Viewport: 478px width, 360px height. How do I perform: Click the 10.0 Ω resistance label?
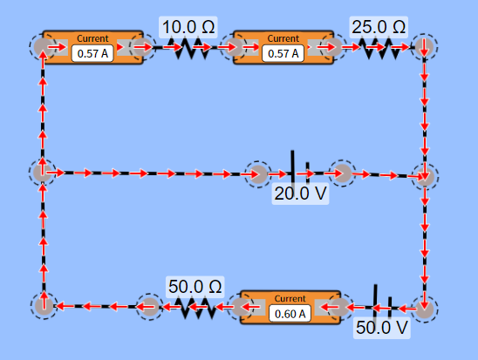(x=188, y=27)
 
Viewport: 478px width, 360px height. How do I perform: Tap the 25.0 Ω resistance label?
(x=379, y=27)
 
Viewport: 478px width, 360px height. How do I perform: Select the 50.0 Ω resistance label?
(x=195, y=287)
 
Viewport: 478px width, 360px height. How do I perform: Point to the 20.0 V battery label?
(x=300, y=194)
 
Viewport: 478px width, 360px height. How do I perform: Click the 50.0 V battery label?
(x=382, y=328)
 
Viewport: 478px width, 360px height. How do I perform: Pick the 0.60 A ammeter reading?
(x=290, y=314)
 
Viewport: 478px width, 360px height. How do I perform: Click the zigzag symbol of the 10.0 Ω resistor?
(x=189, y=48)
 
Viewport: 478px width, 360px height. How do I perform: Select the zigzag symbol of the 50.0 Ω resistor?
(x=199, y=308)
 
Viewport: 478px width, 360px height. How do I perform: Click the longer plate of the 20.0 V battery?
(x=293, y=166)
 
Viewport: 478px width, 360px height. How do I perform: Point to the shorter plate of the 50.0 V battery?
(x=390, y=307)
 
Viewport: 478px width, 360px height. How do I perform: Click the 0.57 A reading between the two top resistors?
(x=283, y=53)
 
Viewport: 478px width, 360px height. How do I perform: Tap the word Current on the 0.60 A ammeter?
(x=290, y=298)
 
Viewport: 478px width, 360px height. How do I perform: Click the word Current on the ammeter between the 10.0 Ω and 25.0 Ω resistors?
(x=283, y=38)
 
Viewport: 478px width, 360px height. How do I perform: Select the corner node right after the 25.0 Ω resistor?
(x=424, y=48)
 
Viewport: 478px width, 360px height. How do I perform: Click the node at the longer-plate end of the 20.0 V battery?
(x=258, y=174)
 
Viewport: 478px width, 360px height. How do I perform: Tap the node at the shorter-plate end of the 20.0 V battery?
(x=342, y=173)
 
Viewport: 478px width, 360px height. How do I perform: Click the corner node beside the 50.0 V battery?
(x=425, y=309)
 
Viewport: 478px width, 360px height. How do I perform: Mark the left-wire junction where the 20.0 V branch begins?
(x=43, y=173)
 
